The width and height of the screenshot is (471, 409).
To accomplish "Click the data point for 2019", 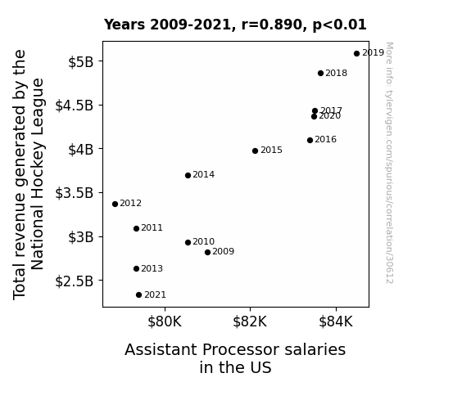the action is (356, 54).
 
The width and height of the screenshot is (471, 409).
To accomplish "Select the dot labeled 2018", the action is (320, 74).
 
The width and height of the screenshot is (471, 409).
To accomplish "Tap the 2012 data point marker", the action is (115, 204).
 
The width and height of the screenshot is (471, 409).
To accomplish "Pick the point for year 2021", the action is (138, 295).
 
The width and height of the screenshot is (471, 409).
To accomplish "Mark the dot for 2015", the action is (255, 151).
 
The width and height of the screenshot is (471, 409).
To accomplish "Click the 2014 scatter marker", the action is (188, 176).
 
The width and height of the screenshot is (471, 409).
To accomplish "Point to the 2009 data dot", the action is (207, 253).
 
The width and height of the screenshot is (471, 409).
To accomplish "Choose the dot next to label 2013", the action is (136, 268).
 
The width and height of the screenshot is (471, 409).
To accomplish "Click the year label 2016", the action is (326, 140).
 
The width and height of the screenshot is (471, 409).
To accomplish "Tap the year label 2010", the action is (204, 241).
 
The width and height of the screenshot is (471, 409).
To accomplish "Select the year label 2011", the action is (152, 227).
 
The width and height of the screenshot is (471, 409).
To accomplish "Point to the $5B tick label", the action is (81, 62).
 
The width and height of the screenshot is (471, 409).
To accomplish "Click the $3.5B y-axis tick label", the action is (75, 193).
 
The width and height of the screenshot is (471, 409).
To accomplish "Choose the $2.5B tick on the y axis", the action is (75, 281).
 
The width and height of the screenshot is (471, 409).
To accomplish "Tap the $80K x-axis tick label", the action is (165, 321).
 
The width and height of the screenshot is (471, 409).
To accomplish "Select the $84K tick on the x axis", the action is (336, 321).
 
